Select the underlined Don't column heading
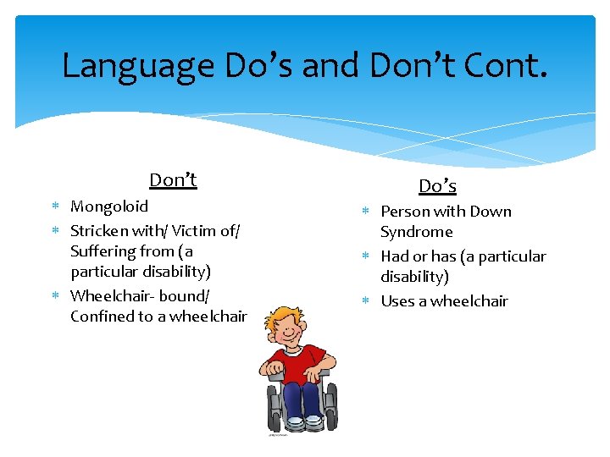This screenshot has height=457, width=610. (x=173, y=179)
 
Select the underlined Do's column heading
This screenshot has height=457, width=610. (x=437, y=185)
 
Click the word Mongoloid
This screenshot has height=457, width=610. (x=109, y=206)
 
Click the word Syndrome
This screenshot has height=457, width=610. (x=416, y=232)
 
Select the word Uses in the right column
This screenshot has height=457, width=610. (x=397, y=301)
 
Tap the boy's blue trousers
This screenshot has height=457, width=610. (x=302, y=398)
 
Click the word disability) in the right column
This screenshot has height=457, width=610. (x=414, y=277)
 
